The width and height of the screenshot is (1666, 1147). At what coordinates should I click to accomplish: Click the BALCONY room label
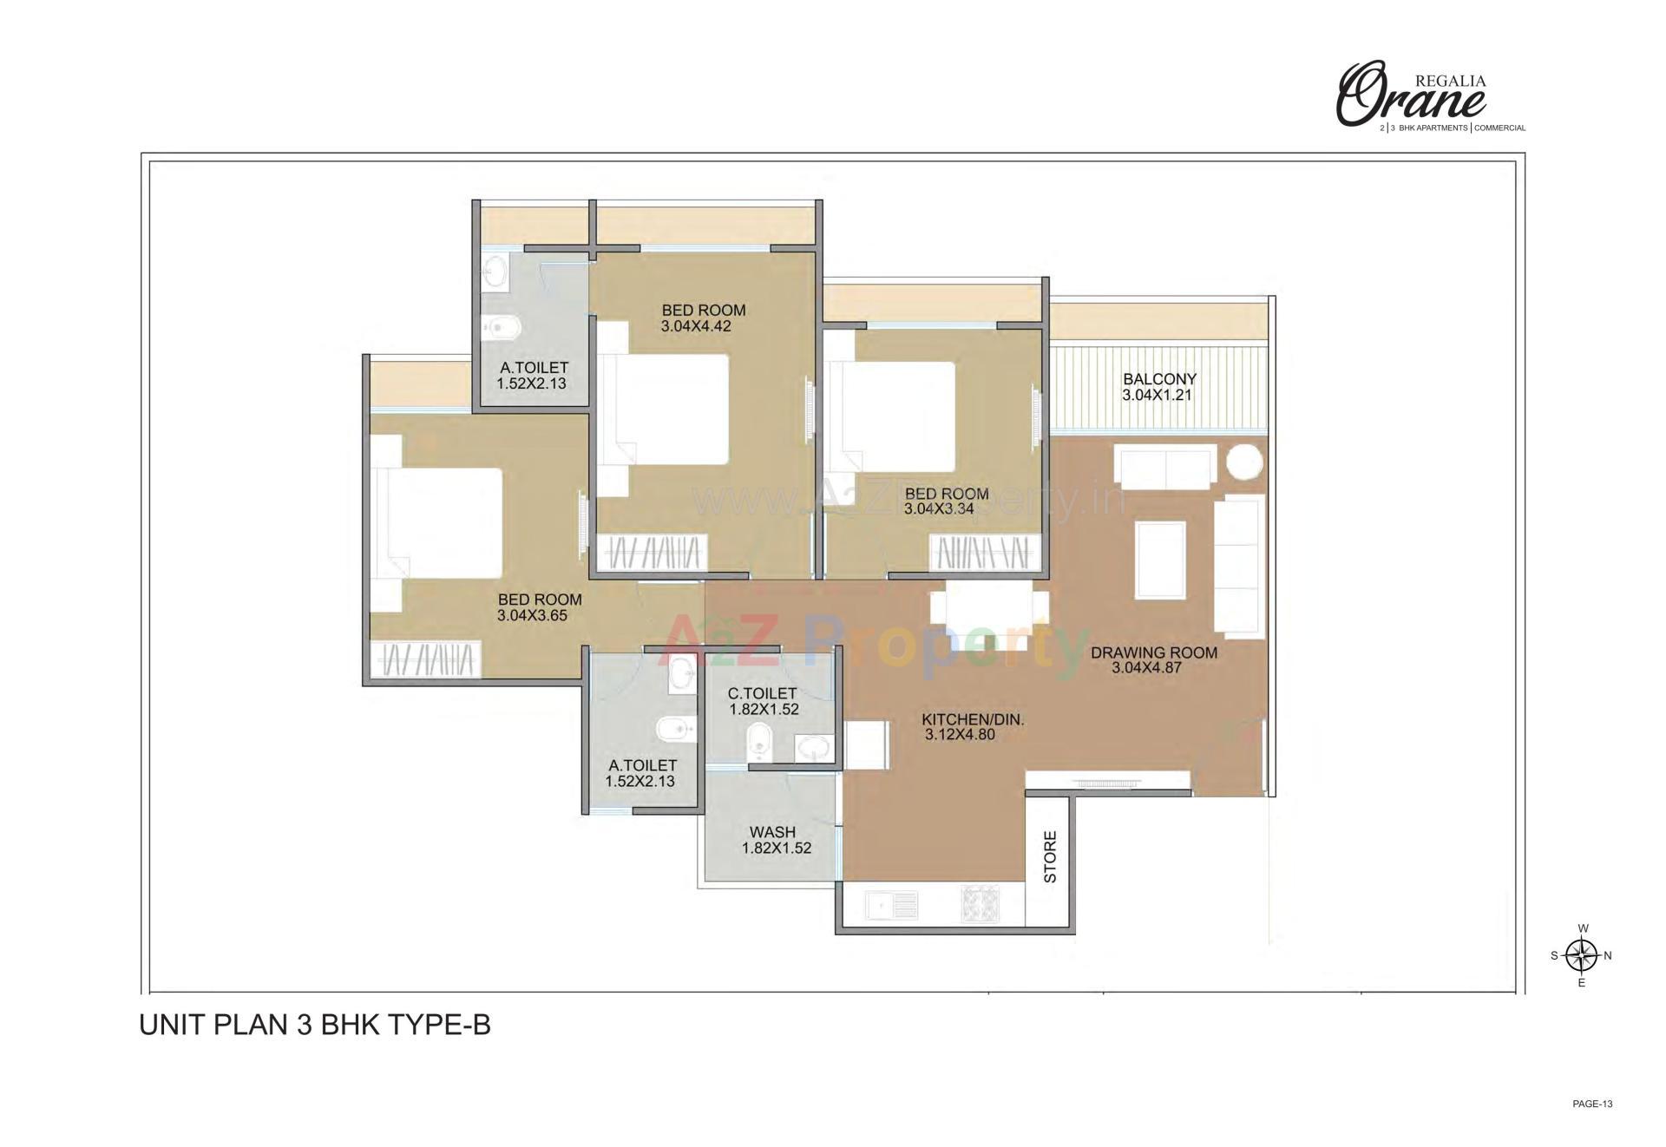(x=1159, y=379)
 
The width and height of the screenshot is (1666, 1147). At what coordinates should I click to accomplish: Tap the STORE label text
(x=1050, y=857)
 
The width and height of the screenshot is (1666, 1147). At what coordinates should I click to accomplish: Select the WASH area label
(x=772, y=832)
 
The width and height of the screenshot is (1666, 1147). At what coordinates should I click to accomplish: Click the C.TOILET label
(x=762, y=693)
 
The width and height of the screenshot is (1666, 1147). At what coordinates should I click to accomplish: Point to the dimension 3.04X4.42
(x=696, y=327)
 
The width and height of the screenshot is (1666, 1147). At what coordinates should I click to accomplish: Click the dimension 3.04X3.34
(x=939, y=509)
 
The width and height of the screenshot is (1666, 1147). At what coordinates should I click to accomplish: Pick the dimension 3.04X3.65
(x=532, y=616)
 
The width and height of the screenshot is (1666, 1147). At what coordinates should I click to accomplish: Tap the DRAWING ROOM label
(x=1154, y=652)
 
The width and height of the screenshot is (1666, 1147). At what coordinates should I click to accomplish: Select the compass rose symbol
(x=1582, y=955)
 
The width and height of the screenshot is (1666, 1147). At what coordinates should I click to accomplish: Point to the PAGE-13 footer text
(x=1592, y=1104)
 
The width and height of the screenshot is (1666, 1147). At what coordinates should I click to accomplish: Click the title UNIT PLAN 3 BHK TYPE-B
(x=315, y=1025)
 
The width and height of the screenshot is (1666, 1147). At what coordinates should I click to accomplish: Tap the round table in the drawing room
(x=1244, y=462)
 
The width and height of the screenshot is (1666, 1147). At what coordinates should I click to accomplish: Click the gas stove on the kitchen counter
(x=980, y=904)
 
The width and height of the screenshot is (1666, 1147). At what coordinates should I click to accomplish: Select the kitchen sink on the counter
(x=892, y=906)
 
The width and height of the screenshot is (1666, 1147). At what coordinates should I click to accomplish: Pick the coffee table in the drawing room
(x=1160, y=560)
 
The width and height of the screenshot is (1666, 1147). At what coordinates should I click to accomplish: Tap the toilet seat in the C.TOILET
(x=759, y=741)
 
